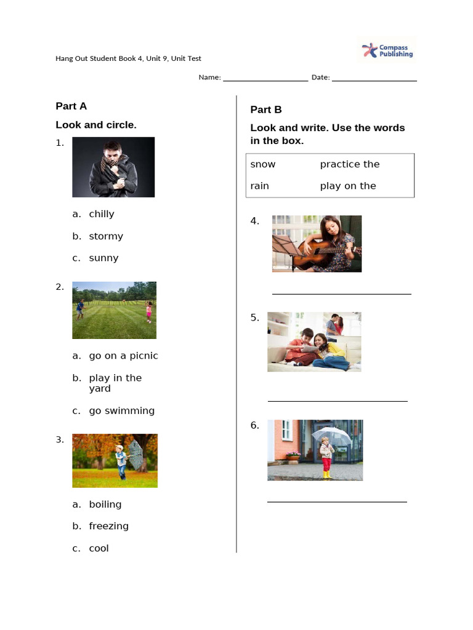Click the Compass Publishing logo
point(387,50)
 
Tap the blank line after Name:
point(265,79)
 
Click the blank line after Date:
point(374,79)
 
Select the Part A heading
point(71,106)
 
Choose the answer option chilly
point(101,214)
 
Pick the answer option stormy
point(105,236)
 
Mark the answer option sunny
point(103,258)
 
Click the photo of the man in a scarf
point(113,167)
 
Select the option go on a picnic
point(123,356)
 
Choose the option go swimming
point(121,410)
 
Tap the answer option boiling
point(105,504)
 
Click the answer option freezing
point(108,526)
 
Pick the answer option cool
point(99,548)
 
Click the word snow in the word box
point(263,164)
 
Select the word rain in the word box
point(260,186)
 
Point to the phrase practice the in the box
point(349,164)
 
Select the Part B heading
point(266,110)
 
